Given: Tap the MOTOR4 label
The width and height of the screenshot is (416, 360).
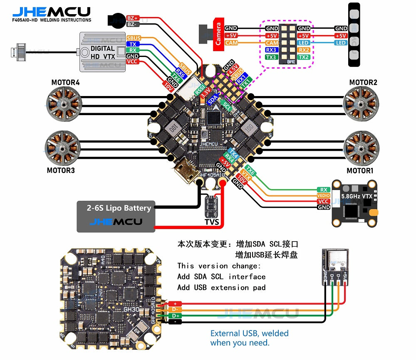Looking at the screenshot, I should click(65, 82).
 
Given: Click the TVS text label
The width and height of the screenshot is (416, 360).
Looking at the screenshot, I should click(212, 222).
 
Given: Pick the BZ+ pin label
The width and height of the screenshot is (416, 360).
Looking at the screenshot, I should click(133, 18).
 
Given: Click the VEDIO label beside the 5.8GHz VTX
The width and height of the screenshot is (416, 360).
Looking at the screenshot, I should click(323, 195).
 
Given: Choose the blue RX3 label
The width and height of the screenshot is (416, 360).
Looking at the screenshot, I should click(272, 50).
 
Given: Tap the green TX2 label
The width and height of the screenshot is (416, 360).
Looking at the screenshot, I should click(304, 57).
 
